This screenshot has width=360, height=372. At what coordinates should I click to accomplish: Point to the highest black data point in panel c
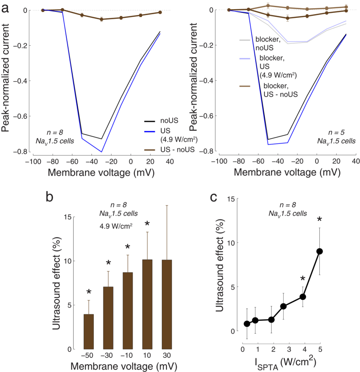(x=320, y=251)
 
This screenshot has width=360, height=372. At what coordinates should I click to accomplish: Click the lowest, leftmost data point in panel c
(x=247, y=324)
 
